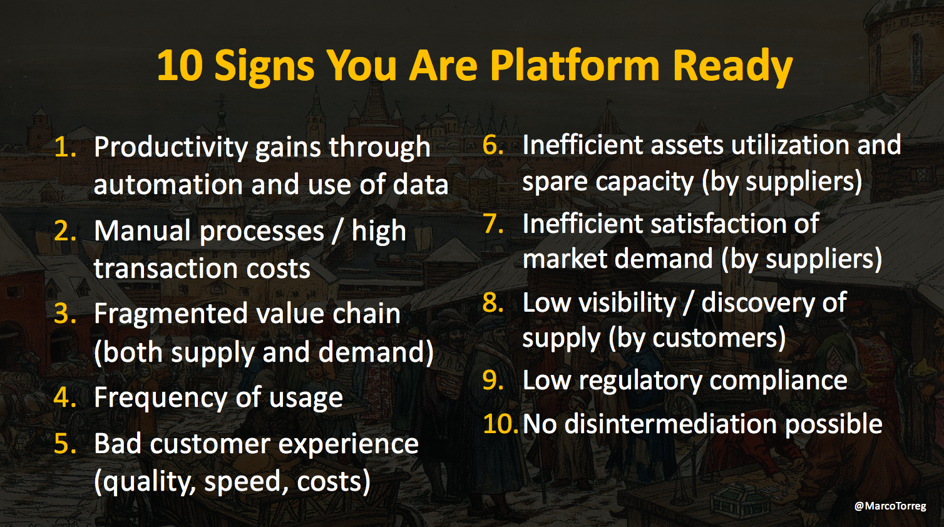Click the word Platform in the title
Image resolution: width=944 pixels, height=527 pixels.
[575, 65]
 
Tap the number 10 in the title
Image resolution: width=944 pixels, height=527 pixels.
[180, 65]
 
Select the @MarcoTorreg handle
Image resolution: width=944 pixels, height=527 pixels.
[890, 506]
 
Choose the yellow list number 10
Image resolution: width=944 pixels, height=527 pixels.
[500, 423]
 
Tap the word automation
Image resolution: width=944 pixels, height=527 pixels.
[168, 185]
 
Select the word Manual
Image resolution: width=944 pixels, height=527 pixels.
[142, 231]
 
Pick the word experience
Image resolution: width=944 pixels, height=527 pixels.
[347, 445]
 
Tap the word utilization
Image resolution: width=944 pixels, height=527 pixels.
[790, 145]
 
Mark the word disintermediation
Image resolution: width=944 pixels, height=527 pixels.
[670, 424]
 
